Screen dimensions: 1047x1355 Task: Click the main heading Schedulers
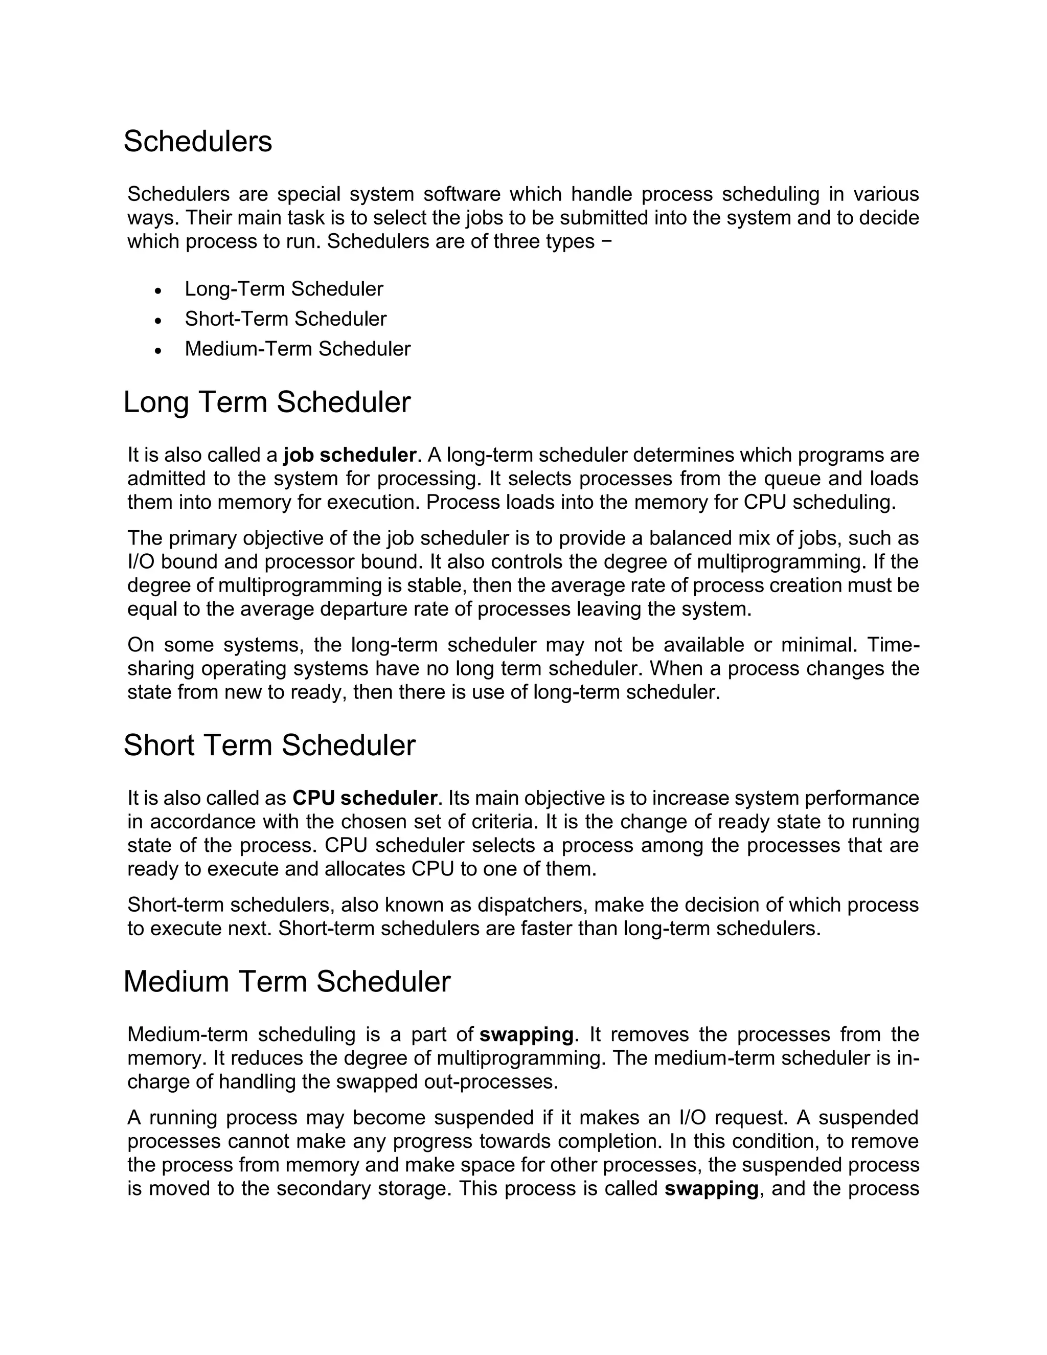pyautogui.click(x=197, y=142)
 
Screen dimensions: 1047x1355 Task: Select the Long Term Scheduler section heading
pyautogui.click(x=267, y=402)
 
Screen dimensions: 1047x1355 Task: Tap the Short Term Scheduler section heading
pyautogui.click(x=269, y=745)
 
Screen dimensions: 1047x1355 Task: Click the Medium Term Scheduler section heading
pyautogui.click(x=287, y=982)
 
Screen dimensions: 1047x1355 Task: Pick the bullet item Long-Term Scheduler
pyautogui.click(x=283, y=289)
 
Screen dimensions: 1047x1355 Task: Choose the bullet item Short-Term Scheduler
pyautogui.click(x=285, y=319)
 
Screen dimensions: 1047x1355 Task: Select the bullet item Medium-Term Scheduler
pyautogui.click(x=297, y=349)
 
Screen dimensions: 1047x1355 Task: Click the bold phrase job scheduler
pyautogui.click(x=349, y=456)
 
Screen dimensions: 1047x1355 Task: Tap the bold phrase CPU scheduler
pyautogui.click(x=365, y=798)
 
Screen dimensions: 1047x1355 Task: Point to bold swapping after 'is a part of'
pyautogui.click(x=526, y=1035)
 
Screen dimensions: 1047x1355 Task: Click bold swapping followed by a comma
pyautogui.click(x=711, y=1189)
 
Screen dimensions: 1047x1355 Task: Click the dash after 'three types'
pyautogui.click(x=606, y=241)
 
